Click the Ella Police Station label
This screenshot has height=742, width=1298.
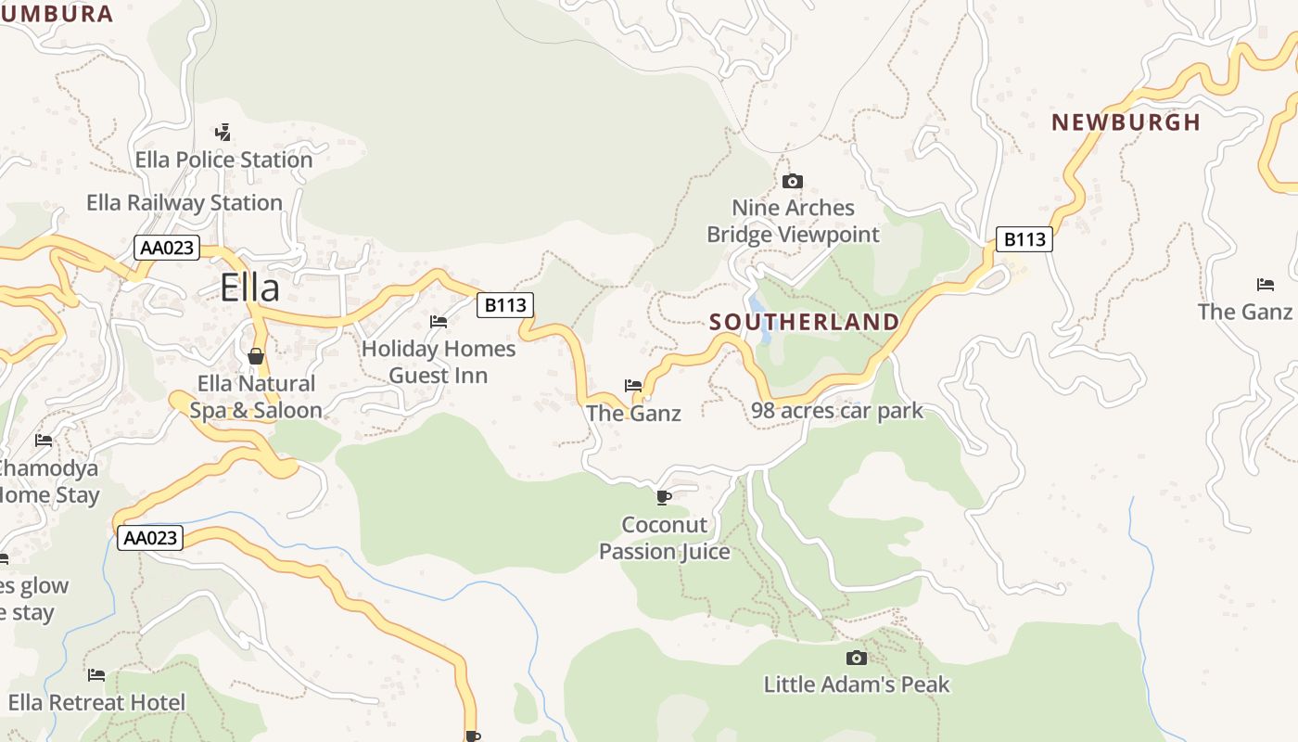(223, 160)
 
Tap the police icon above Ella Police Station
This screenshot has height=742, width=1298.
(223, 132)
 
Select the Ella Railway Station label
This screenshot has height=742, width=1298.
(185, 202)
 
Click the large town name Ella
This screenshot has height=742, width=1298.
(250, 288)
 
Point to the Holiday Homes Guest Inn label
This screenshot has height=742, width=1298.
(439, 362)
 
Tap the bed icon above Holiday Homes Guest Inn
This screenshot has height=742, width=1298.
(439, 322)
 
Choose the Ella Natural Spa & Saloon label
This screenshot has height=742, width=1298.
(256, 397)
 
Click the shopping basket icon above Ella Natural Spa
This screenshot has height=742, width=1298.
(256, 356)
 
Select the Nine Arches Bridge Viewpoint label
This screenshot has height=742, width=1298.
(793, 221)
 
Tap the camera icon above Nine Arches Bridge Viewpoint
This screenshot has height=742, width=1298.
(793, 181)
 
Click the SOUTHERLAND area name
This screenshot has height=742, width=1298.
(804, 322)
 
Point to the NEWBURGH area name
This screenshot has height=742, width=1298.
(1126, 122)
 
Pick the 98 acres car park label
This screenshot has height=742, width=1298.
(837, 410)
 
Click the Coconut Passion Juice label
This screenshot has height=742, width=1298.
(664, 538)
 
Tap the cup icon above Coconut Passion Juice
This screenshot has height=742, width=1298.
(664, 498)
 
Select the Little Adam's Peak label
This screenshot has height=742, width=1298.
(857, 684)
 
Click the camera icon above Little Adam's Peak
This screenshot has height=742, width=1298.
(857, 658)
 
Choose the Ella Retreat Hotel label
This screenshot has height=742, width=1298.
(96, 702)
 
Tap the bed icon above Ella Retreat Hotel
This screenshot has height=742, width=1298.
(96, 674)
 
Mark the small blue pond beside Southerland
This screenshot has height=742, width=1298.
(759, 309)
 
